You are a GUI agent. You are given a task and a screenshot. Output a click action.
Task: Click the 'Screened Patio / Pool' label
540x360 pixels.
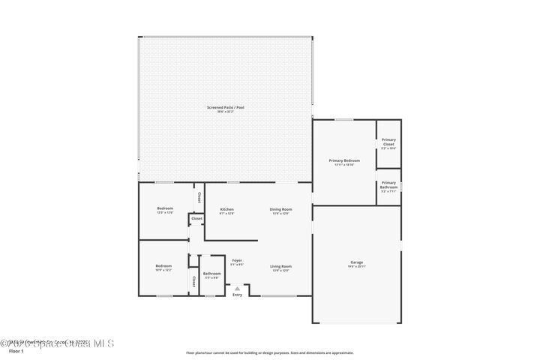click(x=226, y=108)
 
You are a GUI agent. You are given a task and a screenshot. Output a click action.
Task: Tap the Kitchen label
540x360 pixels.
click(x=226, y=209)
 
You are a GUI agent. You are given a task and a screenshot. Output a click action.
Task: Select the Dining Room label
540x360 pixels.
click(x=281, y=209)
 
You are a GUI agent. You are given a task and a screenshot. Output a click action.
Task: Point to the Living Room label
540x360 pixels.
click(x=281, y=266)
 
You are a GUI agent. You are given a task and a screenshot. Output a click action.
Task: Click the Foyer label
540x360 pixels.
click(x=236, y=260)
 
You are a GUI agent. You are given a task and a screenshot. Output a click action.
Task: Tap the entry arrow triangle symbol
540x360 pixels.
click(x=238, y=287)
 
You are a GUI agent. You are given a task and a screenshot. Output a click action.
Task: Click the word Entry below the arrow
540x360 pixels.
click(x=238, y=295)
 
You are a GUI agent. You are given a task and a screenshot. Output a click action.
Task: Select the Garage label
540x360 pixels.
click(x=356, y=262)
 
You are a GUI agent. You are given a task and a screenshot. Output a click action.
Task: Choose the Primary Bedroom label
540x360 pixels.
click(x=344, y=160)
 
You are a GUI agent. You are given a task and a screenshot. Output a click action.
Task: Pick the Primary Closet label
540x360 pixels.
click(x=388, y=141)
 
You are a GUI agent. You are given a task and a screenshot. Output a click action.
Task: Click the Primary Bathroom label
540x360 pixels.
click(x=388, y=184)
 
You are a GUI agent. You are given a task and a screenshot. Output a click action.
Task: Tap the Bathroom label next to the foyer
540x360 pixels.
click(x=211, y=274)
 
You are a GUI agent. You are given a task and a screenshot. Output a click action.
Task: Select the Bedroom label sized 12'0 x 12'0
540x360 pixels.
click(x=165, y=208)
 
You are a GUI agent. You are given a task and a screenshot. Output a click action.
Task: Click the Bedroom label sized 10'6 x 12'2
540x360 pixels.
click(x=163, y=266)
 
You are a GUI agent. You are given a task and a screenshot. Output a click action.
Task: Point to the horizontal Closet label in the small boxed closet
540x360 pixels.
click(x=196, y=218)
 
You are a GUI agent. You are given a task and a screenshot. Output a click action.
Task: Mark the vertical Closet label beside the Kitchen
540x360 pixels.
click(x=199, y=197)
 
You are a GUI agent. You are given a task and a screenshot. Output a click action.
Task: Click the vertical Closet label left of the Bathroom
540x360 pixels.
click(x=193, y=281)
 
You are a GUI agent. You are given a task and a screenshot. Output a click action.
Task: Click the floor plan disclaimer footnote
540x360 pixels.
click(x=269, y=352)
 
